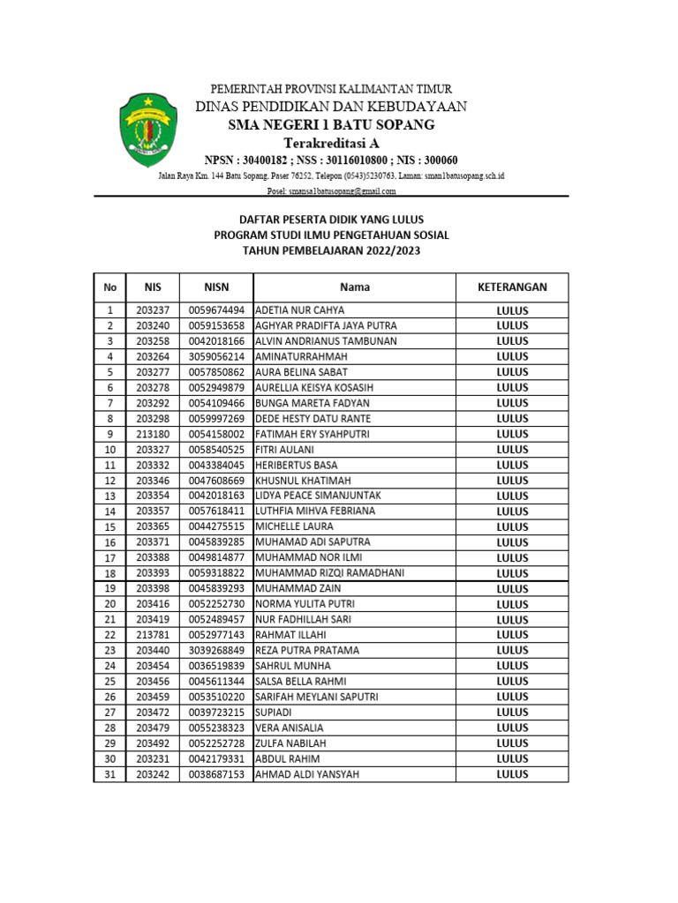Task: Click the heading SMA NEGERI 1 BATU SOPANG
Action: coord(331,125)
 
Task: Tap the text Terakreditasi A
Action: coord(331,143)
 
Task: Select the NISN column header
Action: coord(216,287)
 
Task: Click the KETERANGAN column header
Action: coord(512,287)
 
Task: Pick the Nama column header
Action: coord(355,287)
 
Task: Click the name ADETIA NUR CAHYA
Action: coord(300,310)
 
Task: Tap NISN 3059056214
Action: coord(216,356)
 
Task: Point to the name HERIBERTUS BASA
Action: coord(296,465)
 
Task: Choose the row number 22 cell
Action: coord(110,635)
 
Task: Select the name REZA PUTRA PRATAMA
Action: coord(307,650)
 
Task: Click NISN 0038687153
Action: coord(216,774)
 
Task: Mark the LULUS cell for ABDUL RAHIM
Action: coord(512,758)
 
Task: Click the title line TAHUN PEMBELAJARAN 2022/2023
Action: coord(331,251)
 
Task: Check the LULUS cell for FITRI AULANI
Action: coord(512,450)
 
